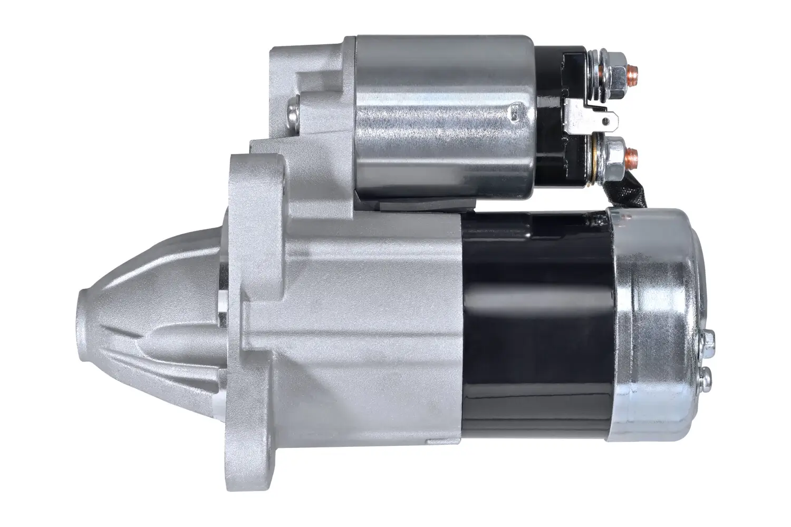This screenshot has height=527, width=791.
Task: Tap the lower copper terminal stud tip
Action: click(x=634, y=154)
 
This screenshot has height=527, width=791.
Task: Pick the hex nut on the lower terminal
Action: click(x=617, y=154)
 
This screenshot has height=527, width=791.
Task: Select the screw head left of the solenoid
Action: click(x=292, y=113)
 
